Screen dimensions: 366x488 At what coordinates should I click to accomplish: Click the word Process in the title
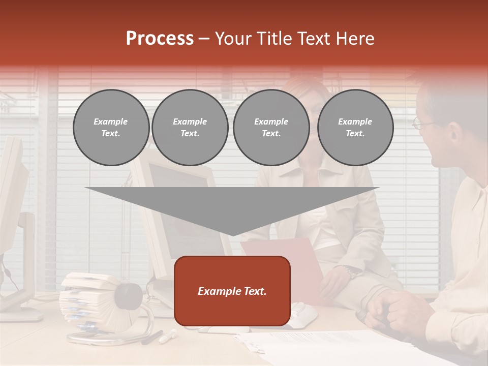point(160,39)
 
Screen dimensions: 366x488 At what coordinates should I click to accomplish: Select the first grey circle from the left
point(111,128)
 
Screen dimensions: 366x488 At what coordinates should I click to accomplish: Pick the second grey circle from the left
point(190,128)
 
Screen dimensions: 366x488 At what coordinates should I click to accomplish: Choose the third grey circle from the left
point(271,128)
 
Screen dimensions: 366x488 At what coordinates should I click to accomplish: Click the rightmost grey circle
point(355,128)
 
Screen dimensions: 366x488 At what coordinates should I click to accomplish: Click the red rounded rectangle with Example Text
point(232,291)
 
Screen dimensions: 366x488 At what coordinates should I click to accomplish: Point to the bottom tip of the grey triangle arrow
point(232,235)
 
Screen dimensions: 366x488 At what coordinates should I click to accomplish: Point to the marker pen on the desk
point(168,336)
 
